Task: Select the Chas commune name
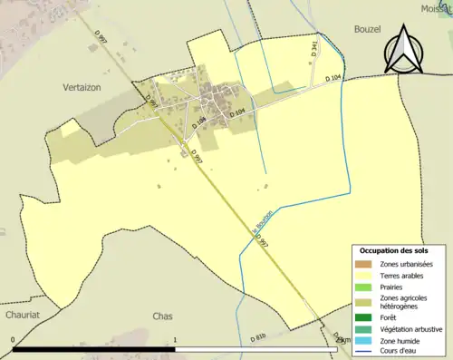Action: (x=163, y=316)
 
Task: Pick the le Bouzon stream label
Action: (x=257, y=222)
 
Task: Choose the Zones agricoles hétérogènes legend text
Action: (x=405, y=303)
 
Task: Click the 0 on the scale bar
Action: (x=13, y=340)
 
